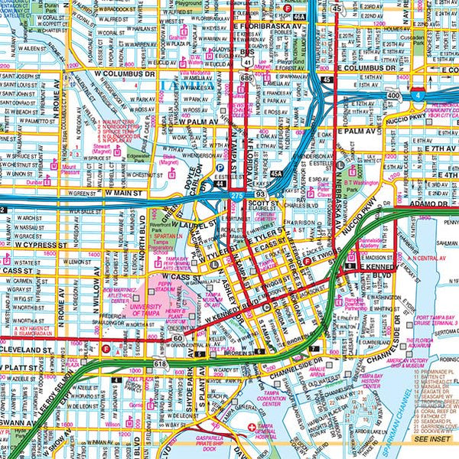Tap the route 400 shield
[392, 96]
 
